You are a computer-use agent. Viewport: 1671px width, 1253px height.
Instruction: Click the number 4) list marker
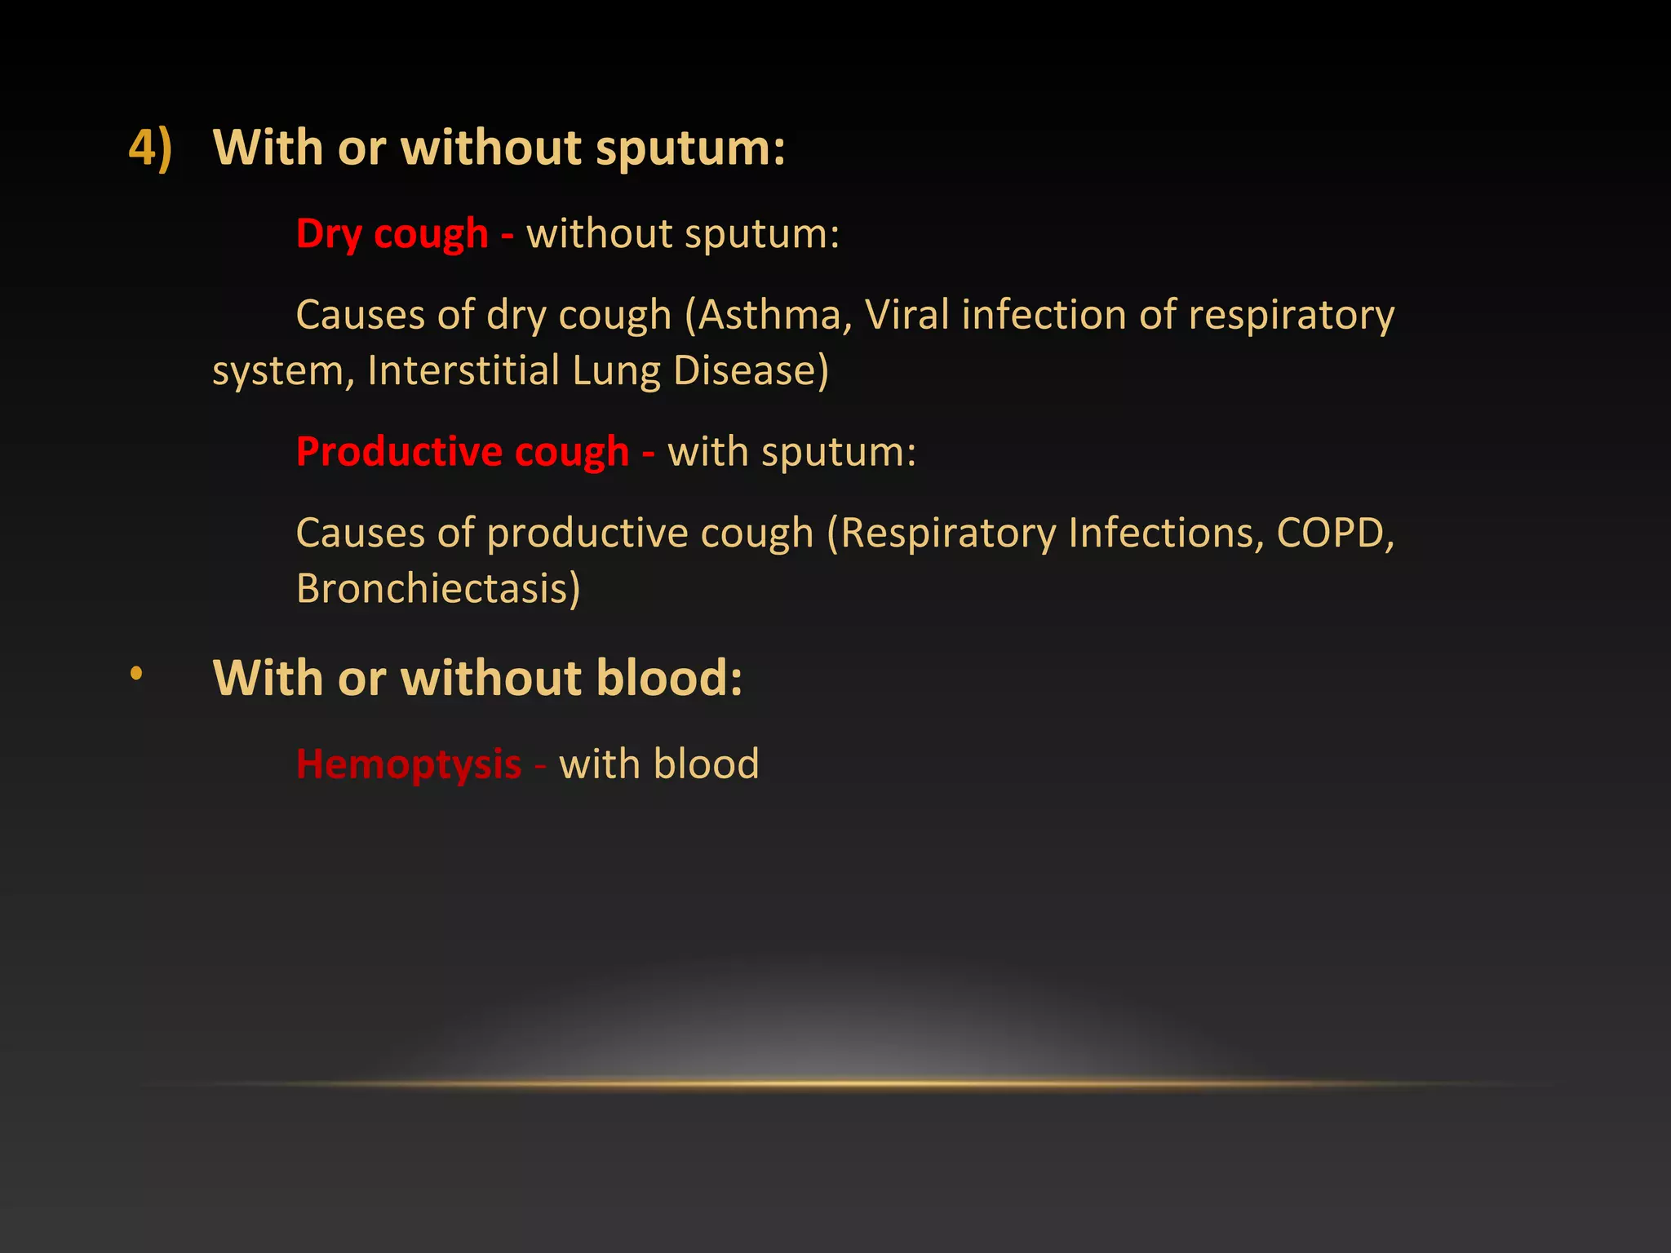[x=151, y=148]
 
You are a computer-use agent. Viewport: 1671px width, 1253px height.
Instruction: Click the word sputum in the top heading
[x=689, y=150]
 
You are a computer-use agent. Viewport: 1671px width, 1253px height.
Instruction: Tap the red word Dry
[x=329, y=235]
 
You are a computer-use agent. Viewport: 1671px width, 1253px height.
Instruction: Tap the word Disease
[x=751, y=370]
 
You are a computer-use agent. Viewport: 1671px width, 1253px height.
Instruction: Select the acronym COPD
[x=1335, y=533]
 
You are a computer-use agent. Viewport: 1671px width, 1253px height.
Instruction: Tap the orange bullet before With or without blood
[x=136, y=674]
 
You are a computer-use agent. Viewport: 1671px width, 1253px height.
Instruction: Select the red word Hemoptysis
[x=409, y=765]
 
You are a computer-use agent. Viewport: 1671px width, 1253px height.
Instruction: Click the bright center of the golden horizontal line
[x=835, y=1084]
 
